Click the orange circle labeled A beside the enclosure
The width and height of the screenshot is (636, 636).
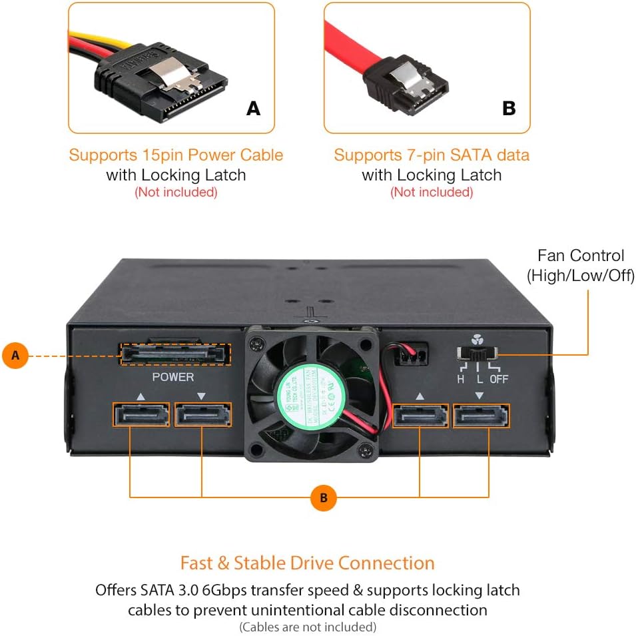[15, 356]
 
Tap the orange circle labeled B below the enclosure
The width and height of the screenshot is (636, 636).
[324, 497]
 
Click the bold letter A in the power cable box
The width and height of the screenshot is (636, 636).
[253, 108]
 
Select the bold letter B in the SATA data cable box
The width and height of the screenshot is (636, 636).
[509, 108]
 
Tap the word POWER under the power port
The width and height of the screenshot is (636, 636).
[173, 377]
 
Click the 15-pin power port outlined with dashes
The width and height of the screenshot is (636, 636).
[175, 354]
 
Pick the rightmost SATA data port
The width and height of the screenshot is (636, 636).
[481, 416]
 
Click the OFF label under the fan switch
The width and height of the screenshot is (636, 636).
[499, 379]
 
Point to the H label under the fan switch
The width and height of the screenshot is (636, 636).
[460, 379]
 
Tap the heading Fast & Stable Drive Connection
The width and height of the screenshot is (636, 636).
[307, 563]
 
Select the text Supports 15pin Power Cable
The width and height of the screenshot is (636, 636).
[176, 155]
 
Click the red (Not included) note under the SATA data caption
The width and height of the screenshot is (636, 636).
[432, 192]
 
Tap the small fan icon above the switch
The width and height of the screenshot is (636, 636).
[475, 338]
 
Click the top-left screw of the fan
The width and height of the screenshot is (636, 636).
[254, 346]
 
